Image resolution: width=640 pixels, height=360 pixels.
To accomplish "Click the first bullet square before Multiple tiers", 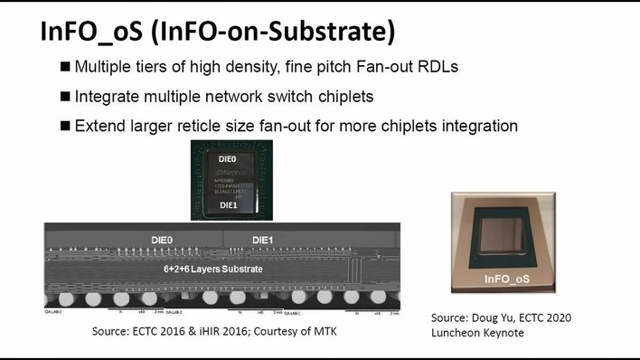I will pos(65,68).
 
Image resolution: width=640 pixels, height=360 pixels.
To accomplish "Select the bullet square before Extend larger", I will pos(65,126).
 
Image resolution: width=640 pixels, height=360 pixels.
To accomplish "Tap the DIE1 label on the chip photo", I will pos(227,206).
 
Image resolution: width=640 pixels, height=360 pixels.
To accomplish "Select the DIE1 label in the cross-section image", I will pos(262,240).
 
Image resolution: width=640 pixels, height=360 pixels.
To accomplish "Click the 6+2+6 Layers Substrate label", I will pos(214,269).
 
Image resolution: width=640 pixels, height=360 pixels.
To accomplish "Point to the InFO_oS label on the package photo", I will pos(506,279).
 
